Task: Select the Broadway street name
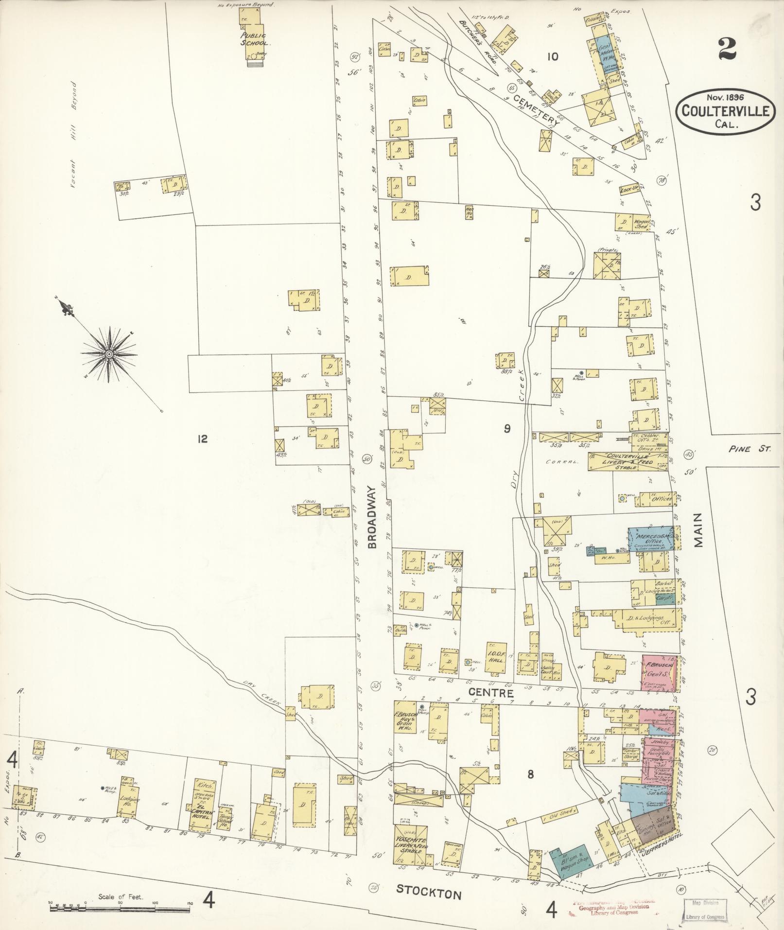coord(372,517)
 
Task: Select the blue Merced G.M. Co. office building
coord(650,539)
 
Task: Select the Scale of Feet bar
coord(119,904)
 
